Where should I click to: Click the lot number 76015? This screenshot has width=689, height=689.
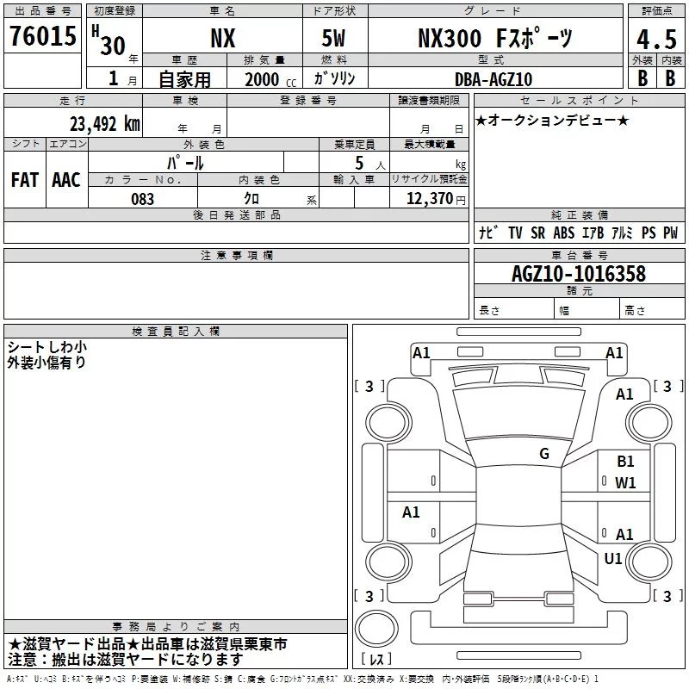(x=42, y=35)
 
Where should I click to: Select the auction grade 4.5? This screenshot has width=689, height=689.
(x=656, y=39)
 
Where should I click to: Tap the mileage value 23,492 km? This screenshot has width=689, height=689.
(x=105, y=124)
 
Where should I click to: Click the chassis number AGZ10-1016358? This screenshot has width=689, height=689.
(x=579, y=273)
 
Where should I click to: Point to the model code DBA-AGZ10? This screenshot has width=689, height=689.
(x=493, y=79)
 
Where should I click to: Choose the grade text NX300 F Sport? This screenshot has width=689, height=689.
(x=494, y=38)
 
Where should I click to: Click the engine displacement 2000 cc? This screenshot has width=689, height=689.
(x=270, y=79)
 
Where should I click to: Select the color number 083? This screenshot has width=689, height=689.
(x=142, y=199)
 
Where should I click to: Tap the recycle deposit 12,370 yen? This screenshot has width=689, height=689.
(x=436, y=199)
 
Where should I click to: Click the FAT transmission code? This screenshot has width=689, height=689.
(x=25, y=180)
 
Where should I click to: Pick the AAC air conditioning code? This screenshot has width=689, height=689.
(x=66, y=180)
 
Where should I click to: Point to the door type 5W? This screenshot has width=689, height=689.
(x=333, y=38)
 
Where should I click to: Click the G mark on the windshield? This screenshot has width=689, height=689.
(x=544, y=454)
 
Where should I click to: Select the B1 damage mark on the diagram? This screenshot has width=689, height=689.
(x=625, y=462)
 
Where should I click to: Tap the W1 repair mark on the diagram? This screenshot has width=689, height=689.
(x=625, y=483)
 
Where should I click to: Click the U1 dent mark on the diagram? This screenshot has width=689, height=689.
(x=613, y=558)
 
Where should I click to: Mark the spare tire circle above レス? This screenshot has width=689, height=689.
(x=376, y=629)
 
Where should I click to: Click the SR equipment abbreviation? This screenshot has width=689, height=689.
(x=537, y=233)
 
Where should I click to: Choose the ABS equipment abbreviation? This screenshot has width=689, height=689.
(x=564, y=233)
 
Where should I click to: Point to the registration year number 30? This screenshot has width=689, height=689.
(x=113, y=46)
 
